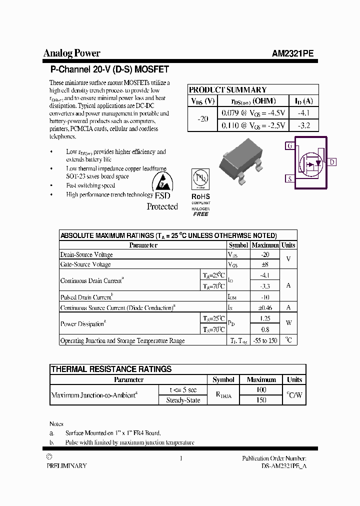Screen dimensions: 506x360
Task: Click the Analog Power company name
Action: tap(71, 53)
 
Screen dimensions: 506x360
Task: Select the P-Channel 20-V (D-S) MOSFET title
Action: tap(109, 69)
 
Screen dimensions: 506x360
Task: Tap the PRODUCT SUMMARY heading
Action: tap(227, 90)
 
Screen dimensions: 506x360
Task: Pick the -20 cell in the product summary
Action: tap(202, 119)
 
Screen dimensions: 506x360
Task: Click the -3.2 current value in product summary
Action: tap(303, 125)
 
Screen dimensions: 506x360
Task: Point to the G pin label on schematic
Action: tap(289, 146)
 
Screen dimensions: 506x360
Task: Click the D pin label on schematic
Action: tap(332, 162)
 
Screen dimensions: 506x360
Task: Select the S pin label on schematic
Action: tap(289, 178)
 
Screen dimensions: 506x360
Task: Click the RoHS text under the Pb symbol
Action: tap(200, 196)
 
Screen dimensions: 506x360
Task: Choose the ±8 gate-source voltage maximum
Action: tap(265, 264)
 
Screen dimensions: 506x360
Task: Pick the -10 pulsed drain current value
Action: tap(265, 297)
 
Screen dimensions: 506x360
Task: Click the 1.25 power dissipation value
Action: tap(265, 318)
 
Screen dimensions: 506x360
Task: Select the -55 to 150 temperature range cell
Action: tap(265, 340)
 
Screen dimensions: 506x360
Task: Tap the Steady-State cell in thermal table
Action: tap(182, 400)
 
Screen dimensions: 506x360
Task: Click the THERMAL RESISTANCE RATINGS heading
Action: tap(111, 369)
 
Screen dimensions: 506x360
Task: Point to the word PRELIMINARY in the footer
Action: tap(66, 465)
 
